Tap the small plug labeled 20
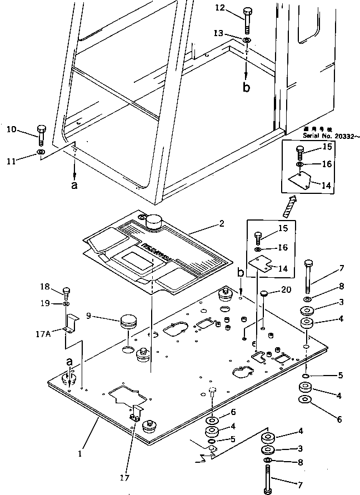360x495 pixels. tap(264, 293)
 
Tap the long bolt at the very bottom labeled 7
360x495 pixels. tap(268, 478)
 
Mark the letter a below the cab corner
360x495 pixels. tap(74, 186)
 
